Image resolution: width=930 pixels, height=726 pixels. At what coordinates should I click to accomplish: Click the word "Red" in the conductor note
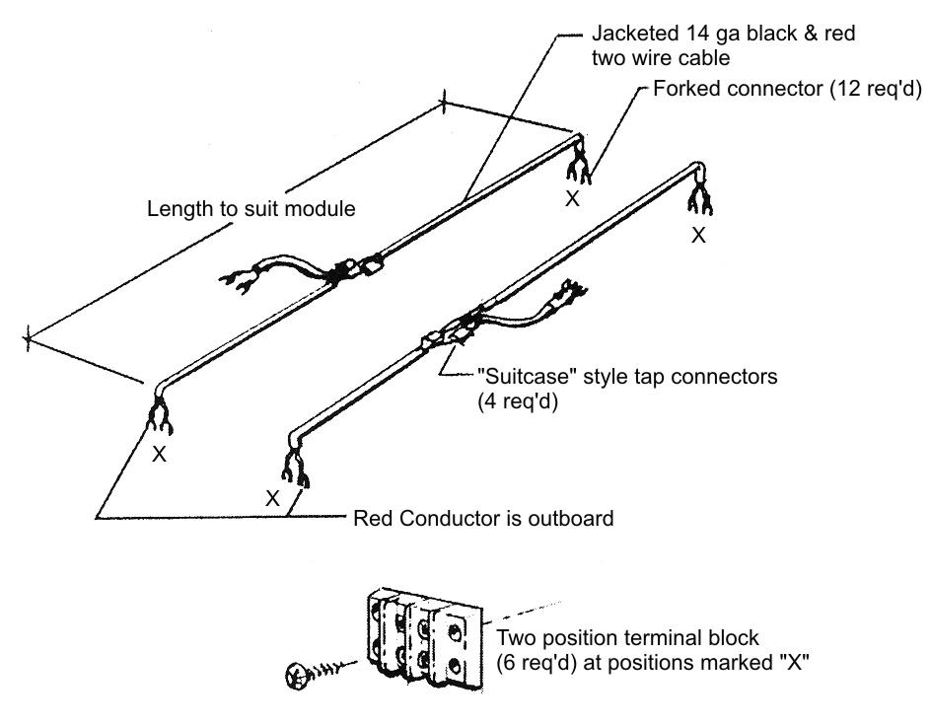pyautogui.click(x=372, y=517)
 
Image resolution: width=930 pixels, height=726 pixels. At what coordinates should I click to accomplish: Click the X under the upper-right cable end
pyautogui.click(x=572, y=197)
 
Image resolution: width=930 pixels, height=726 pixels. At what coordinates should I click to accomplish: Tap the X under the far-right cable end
pyautogui.click(x=698, y=236)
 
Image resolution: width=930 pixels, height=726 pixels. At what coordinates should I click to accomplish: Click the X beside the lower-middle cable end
pyautogui.click(x=272, y=498)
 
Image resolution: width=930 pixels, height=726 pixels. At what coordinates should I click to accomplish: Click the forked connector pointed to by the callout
pyautogui.click(x=578, y=170)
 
